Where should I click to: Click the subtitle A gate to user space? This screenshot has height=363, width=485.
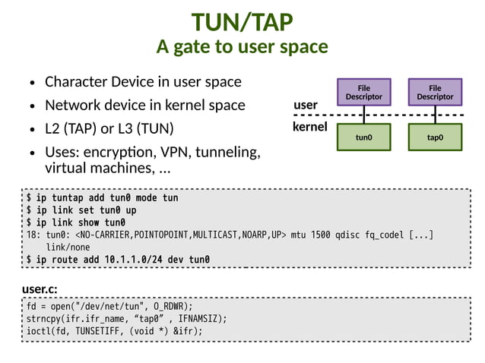click(242, 47)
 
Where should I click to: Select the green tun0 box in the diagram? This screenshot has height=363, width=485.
click(363, 137)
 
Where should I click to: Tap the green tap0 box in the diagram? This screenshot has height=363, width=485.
click(435, 137)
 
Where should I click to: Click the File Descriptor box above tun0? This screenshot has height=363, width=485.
click(363, 92)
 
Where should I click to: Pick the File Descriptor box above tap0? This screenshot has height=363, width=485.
click(435, 92)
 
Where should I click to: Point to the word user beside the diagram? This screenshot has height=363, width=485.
click(306, 104)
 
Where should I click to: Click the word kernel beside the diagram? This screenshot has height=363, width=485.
click(309, 127)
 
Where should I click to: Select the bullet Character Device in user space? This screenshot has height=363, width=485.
click(143, 81)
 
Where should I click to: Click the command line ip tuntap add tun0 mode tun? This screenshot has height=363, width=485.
click(102, 198)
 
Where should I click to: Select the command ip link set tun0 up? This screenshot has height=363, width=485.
click(81, 210)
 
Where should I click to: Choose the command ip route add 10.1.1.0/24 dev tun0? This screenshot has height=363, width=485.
click(118, 260)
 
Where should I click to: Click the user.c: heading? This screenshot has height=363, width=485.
click(40, 289)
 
